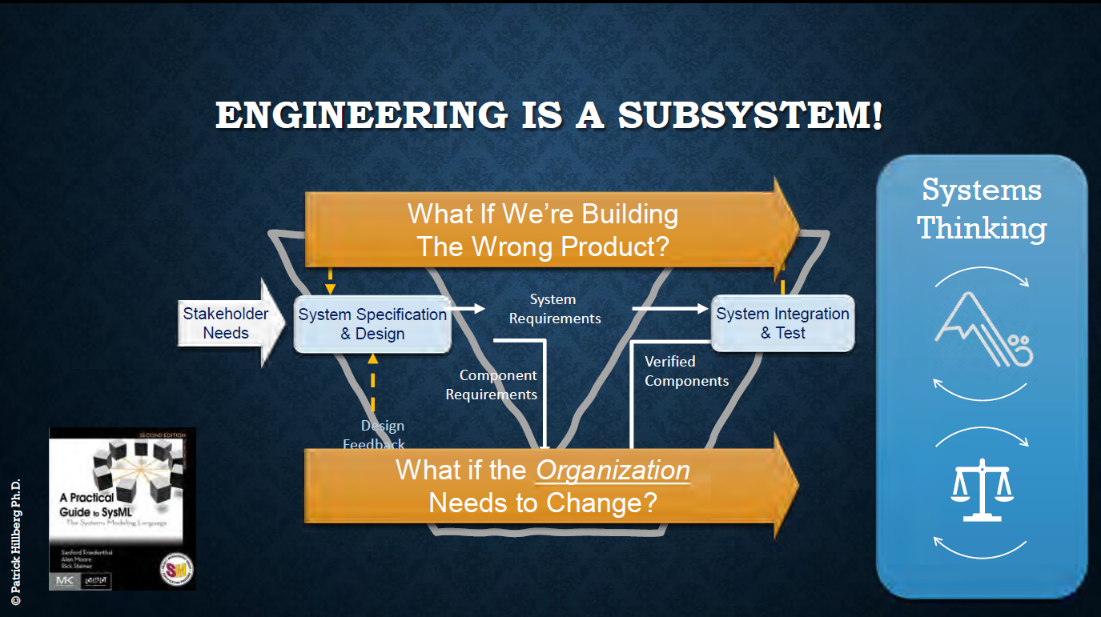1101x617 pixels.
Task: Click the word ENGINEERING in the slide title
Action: tap(361, 116)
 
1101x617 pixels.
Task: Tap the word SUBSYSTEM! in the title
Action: tap(750, 116)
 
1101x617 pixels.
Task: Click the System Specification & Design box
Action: tap(372, 324)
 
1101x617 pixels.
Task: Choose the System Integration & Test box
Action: tap(782, 323)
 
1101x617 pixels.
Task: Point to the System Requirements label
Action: tap(554, 309)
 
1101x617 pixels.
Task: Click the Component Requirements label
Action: tap(492, 385)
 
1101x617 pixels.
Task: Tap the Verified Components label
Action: tap(686, 371)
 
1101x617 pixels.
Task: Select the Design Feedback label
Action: tap(376, 435)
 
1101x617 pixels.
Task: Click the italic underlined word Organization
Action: tap(613, 471)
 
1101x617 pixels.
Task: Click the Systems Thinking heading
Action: tap(982, 209)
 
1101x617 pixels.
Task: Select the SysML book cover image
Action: tap(123, 508)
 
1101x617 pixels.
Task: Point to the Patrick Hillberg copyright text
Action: tap(15, 542)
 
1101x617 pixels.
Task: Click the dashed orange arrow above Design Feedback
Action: tap(372, 384)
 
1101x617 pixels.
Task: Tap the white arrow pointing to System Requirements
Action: tap(468, 308)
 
